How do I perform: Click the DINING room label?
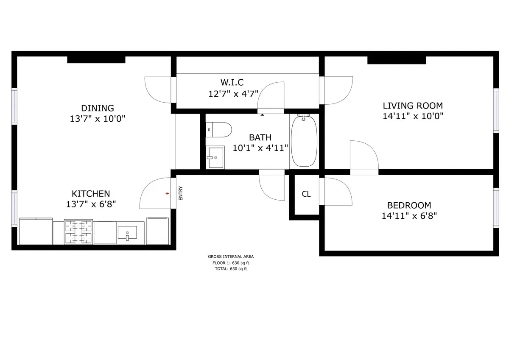point(98,108)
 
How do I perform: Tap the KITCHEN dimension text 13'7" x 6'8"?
point(91,204)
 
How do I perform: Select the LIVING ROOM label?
point(413,106)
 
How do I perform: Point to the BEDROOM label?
point(409,205)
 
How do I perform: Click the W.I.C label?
point(232,82)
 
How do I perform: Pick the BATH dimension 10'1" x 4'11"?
point(260,148)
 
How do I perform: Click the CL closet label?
point(306,194)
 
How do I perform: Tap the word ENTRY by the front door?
point(181,193)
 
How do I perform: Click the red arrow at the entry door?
point(168,193)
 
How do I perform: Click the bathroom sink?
point(215,157)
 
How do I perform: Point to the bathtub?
point(304,141)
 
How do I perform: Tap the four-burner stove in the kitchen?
point(78,232)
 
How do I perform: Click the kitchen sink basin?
point(127,233)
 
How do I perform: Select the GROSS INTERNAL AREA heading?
point(231,257)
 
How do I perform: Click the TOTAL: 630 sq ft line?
point(231,269)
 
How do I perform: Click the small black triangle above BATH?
point(263,115)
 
